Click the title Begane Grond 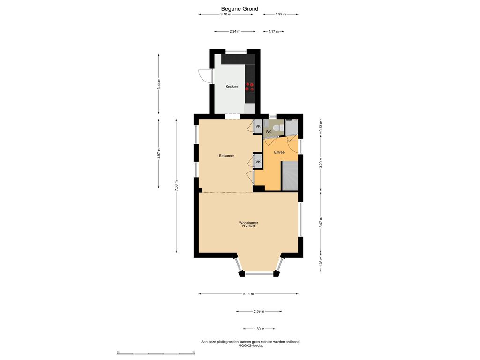pyautogui.click(x=240, y=9)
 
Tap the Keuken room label pyautogui.click(x=232, y=87)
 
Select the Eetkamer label pyautogui.click(x=226, y=156)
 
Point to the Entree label pyautogui.click(x=279, y=152)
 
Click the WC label pyautogui.click(x=269, y=132)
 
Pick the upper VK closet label pyautogui.click(x=258, y=126)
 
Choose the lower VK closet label pyautogui.click(x=258, y=162)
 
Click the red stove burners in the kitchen pyautogui.click(x=250, y=87)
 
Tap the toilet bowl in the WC pyautogui.click(x=277, y=128)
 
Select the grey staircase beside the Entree pyautogui.click(x=290, y=176)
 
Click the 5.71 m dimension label pyautogui.click(x=248, y=294)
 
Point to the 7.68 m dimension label pyautogui.click(x=176, y=186)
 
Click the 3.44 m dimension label pyautogui.click(x=159, y=84)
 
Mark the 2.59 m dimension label pyautogui.click(x=259, y=311)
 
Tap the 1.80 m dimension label pyautogui.click(x=259, y=329)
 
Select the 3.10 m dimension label pyautogui.click(x=226, y=14)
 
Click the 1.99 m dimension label pyautogui.click(x=281, y=14)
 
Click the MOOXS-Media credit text pyautogui.click(x=251, y=345)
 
